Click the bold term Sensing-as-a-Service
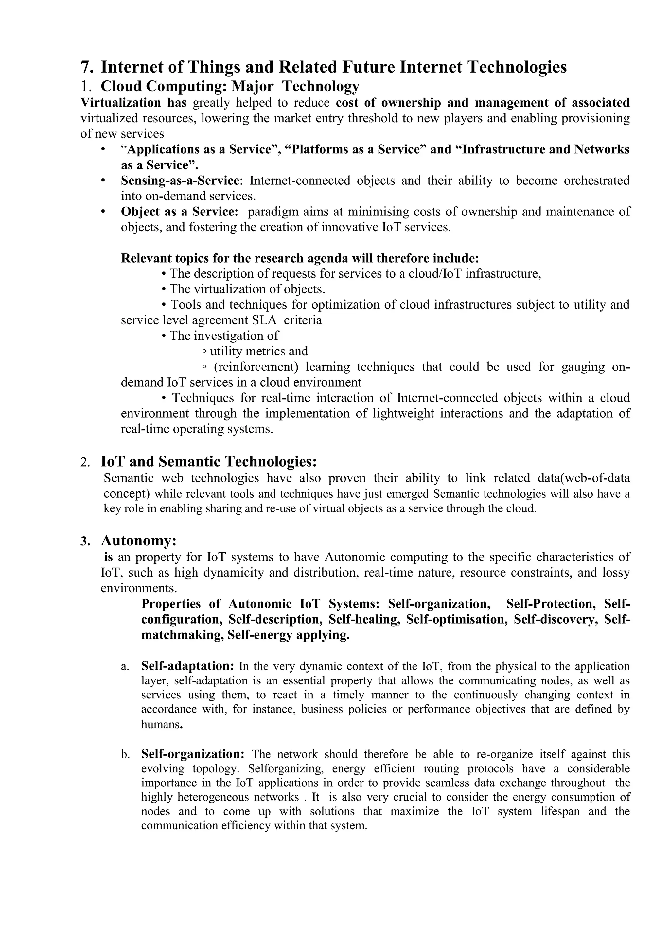click(180, 180)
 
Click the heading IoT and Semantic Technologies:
click(209, 461)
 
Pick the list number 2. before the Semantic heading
click(85, 462)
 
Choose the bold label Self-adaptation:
click(188, 666)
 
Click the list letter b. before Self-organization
click(125, 755)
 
